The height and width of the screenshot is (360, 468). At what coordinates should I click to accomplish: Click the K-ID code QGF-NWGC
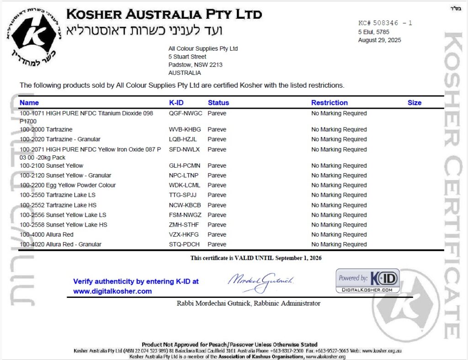[186, 113]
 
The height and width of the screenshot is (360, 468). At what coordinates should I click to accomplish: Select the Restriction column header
[329, 103]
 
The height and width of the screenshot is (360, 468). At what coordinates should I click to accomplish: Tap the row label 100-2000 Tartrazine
[46, 130]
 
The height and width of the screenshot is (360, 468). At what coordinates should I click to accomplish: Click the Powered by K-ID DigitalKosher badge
[367, 281]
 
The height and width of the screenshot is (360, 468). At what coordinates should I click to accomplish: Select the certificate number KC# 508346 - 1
[385, 23]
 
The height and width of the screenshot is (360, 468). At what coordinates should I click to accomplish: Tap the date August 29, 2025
[379, 40]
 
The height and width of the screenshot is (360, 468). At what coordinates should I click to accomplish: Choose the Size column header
[414, 103]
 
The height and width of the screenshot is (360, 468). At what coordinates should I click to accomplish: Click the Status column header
[218, 103]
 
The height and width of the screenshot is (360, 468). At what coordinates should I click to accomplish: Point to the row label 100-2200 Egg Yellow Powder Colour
[68, 185]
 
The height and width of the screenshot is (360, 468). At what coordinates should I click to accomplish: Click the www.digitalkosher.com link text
[112, 291]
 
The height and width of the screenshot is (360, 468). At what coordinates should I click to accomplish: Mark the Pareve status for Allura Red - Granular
[217, 244]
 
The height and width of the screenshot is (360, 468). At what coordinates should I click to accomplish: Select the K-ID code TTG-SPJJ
[183, 195]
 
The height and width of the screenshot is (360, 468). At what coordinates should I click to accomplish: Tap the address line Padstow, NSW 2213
[195, 65]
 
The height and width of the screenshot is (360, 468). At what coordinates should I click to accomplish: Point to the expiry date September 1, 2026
[298, 258]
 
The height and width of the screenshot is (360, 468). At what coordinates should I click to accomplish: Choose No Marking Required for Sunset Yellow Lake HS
[339, 225]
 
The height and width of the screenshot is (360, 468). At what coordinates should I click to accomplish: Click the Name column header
[29, 103]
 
